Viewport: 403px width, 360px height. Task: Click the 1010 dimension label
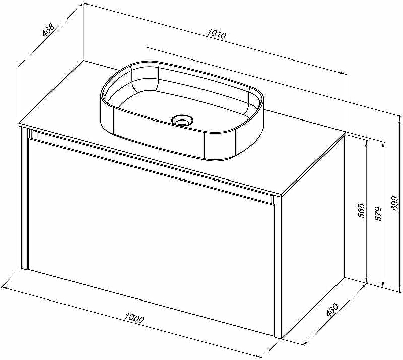coord(217,34)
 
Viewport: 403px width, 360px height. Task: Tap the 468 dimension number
coord(48,30)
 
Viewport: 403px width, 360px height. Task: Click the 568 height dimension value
coord(361,211)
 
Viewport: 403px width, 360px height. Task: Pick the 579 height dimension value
coord(378,214)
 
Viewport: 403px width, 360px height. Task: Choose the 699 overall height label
coord(395,203)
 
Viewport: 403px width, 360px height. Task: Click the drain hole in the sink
coord(182,120)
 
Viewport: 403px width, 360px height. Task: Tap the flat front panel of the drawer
coord(151,221)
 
